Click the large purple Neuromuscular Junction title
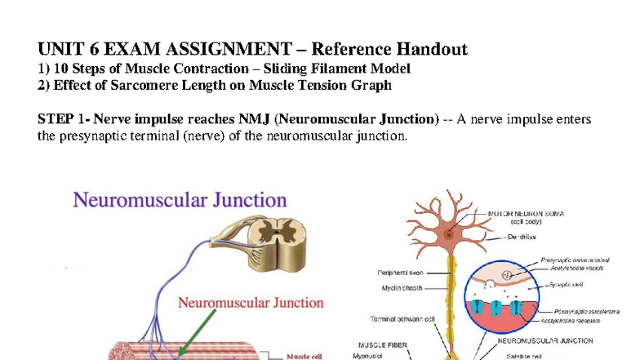(x=180, y=200)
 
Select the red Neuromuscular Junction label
(x=251, y=303)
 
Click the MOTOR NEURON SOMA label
(x=527, y=214)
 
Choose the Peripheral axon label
(x=399, y=273)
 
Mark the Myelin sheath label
(x=402, y=287)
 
